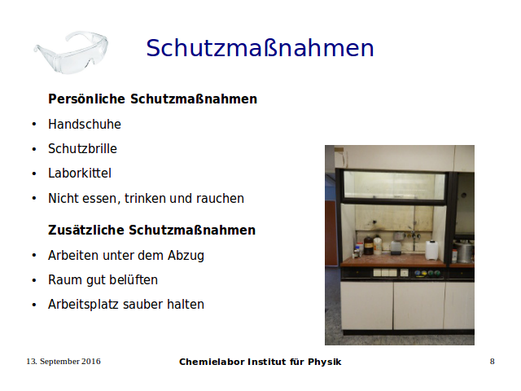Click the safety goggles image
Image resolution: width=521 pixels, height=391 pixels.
coord(71,51)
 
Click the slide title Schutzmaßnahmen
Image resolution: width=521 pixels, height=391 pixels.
coord(260,48)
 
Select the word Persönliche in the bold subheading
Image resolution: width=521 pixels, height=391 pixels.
coord(87,99)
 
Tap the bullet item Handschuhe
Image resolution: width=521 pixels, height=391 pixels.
coord(85,124)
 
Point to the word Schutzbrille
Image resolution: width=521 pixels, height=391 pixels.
coord(82,148)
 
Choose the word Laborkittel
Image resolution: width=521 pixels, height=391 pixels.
coord(80,174)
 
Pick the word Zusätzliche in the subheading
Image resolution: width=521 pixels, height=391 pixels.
coord(86,230)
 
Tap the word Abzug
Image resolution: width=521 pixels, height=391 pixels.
coord(186,256)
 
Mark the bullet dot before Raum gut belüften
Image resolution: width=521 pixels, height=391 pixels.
coord(34,280)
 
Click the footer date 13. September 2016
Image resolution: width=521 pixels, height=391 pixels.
coord(63,362)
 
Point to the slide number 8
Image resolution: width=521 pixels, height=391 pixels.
coord(492,362)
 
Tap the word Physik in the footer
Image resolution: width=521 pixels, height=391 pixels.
coord(324,362)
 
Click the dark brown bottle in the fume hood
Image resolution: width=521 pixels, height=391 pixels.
coord(368,245)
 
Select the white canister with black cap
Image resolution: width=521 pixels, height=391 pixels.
coord(431,250)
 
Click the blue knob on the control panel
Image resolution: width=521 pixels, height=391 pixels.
coord(418,274)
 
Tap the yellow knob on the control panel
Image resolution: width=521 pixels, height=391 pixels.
coord(424,274)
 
